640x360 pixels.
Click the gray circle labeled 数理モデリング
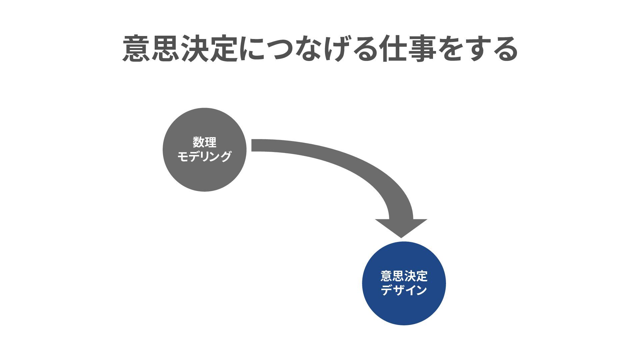pos(204,173)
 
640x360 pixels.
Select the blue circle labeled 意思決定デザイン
pos(404,310)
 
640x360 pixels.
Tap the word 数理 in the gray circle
pos(204,142)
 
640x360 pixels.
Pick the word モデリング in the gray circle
pos(204,156)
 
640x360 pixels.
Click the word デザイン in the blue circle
pos(404,290)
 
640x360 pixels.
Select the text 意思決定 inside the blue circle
pos(404,276)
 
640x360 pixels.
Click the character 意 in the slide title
pos(137,49)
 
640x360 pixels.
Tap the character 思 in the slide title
pos(166,49)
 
